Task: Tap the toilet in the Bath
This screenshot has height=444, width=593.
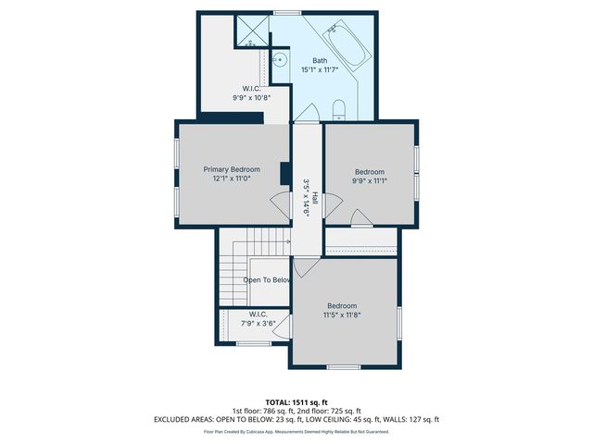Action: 338,110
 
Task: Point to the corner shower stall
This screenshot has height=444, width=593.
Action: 251,30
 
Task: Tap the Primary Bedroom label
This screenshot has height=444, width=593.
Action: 232,169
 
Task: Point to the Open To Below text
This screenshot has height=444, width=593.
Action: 268,279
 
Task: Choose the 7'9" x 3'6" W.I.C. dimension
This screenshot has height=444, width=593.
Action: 258,324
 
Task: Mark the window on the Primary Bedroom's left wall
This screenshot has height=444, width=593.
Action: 176,172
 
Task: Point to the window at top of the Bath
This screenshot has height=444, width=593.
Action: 287,12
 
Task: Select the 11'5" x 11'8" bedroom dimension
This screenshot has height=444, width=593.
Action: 341,315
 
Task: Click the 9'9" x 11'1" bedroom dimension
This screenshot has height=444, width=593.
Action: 370,181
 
